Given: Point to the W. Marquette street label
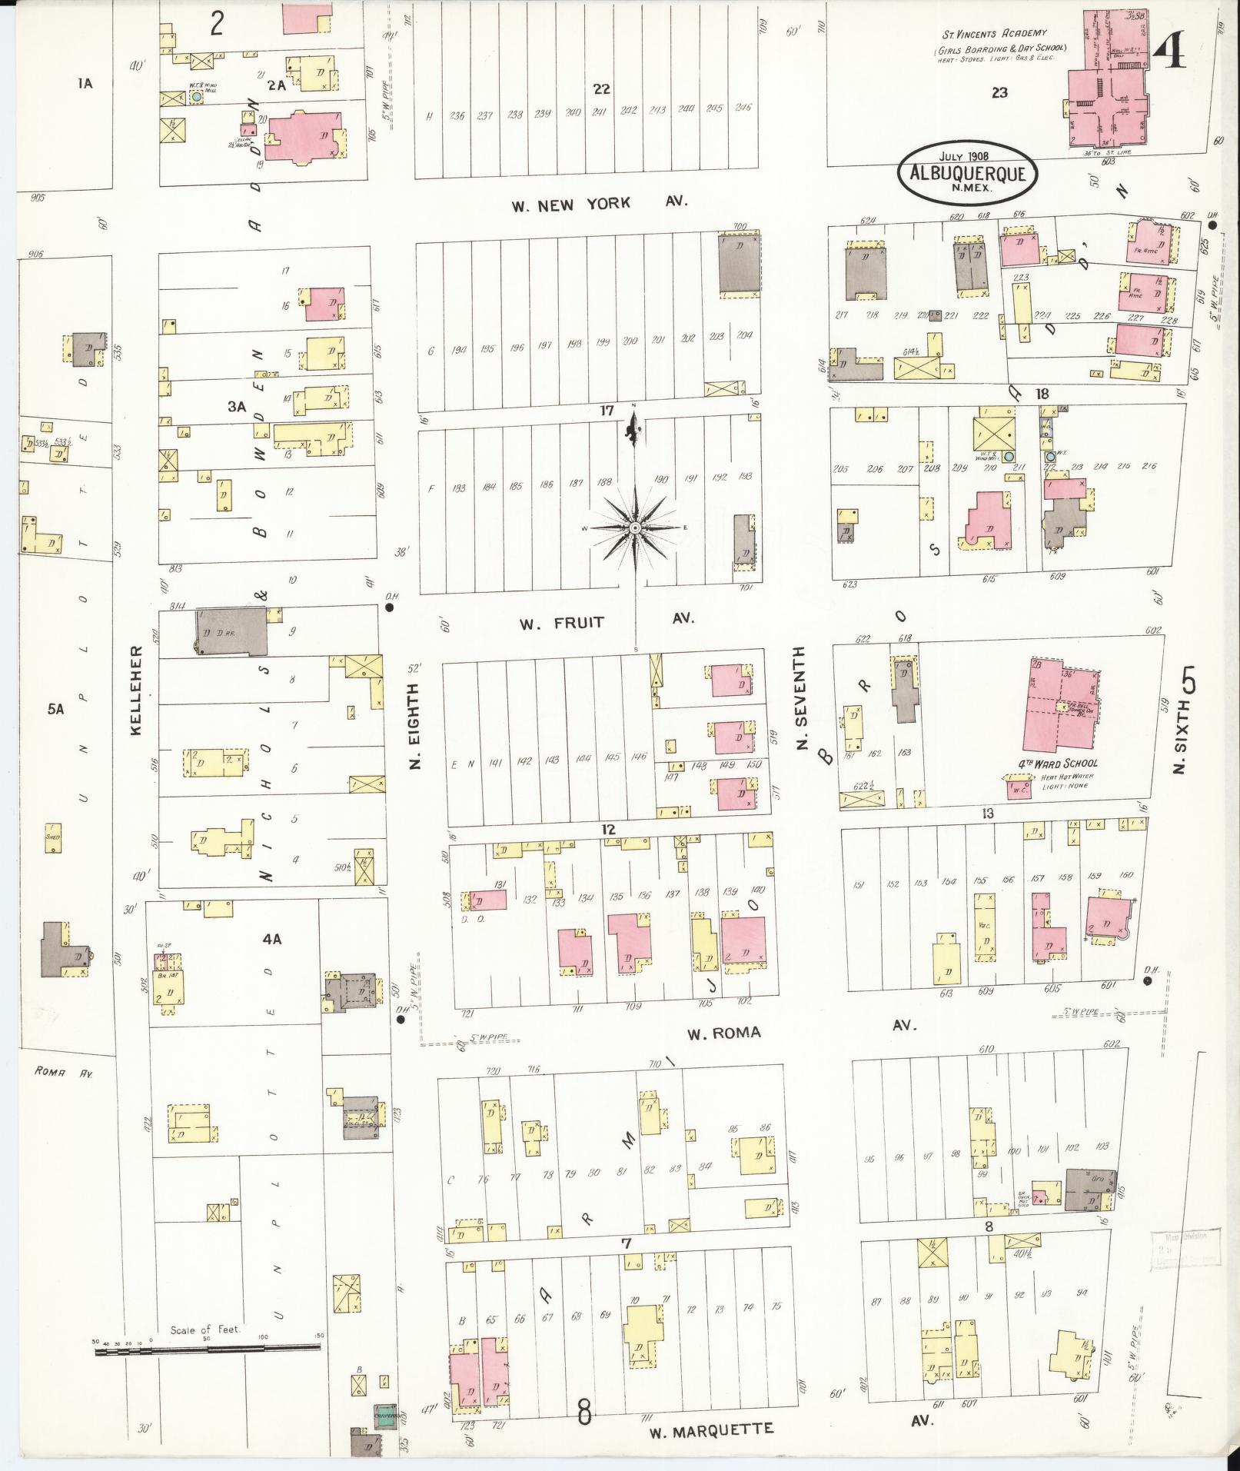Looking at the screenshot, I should point(711,1430).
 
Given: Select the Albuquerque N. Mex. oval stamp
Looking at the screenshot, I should point(966,173).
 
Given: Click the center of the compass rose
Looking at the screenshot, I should point(635,529).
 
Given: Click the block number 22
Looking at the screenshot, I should point(600,89).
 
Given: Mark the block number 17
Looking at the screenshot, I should point(607,411).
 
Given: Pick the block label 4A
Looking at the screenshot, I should point(272,939).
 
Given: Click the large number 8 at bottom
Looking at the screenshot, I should point(585,1411).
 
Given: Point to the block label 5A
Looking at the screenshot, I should point(55,710).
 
